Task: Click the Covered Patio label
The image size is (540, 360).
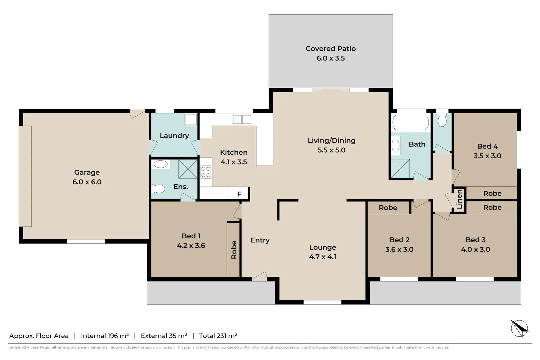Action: [330, 49]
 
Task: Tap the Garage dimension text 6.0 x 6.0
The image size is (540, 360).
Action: [87, 182]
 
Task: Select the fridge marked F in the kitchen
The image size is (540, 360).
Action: [239, 194]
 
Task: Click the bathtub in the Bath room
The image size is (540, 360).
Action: [410, 122]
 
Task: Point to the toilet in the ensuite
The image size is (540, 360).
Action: [159, 189]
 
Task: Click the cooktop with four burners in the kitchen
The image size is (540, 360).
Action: [206, 172]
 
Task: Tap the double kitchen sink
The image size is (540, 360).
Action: [242, 119]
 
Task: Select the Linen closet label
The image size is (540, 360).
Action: [459, 199]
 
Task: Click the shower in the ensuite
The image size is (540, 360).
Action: [188, 169]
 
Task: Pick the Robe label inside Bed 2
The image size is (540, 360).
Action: [388, 208]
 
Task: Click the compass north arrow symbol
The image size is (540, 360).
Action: [519, 328]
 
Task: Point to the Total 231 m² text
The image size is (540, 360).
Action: [218, 336]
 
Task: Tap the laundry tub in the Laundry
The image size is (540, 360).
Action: [191, 119]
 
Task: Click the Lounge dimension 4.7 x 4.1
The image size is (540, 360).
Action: [322, 257]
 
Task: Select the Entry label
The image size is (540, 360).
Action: [260, 240]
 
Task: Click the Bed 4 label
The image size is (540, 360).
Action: [487, 146]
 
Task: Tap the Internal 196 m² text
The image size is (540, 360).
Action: [105, 336]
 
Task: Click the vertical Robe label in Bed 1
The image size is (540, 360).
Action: [234, 250]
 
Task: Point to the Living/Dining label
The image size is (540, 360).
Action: [331, 140]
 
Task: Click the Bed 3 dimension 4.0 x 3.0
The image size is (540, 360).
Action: [475, 249]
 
